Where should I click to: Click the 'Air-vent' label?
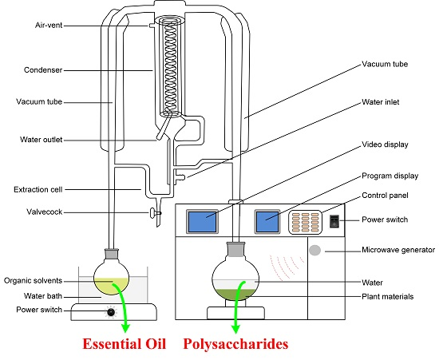pos(49,26)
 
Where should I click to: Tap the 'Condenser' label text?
pos(43,69)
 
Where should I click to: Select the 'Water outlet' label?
pos(41,140)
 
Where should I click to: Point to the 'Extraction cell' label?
pos(38,189)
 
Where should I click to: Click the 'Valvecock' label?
pos(44,212)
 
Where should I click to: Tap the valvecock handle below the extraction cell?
pos(153,213)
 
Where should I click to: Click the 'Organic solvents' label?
pos(33,280)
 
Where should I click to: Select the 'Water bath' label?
pos(43,296)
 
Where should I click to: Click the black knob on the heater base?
pos(111,312)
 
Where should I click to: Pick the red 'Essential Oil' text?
pos(125,344)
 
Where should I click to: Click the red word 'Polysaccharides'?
pos(235,344)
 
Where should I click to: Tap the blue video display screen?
pos(203,221)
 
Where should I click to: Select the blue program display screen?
pos(267,221)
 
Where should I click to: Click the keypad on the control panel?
pos(305,222)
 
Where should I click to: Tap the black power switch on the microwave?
pos(334,221)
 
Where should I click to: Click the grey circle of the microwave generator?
pos(315,251)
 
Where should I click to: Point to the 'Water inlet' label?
pos(381,102)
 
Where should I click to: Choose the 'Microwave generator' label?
pos(398,250)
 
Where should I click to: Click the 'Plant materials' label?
pos(387,296)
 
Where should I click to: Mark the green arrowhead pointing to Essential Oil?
pos(125,327)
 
